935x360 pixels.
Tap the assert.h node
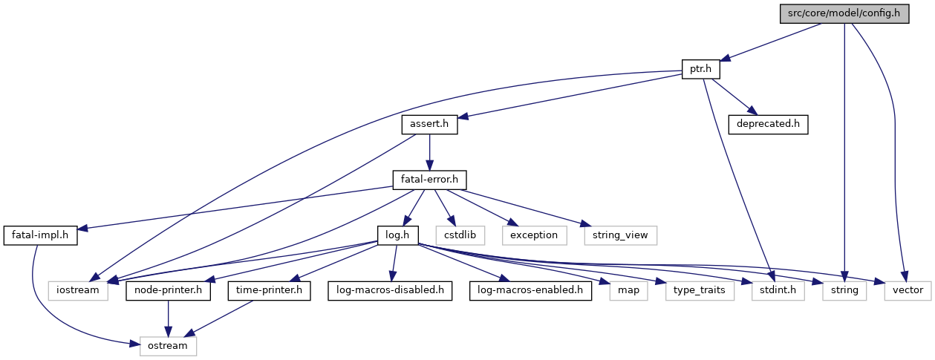point(429,125)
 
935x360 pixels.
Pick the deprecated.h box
point(768,125)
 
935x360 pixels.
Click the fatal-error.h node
point(429,180)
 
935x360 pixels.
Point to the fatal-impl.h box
point(40,235)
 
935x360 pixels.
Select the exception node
point(533,235)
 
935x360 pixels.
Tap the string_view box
point(620,235)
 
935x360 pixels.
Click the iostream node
point(78,290)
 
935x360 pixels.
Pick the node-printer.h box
point(168,290)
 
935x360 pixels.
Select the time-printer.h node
point(269,290)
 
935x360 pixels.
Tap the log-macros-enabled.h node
point(530,290)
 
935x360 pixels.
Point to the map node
point(628,290)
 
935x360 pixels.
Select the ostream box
point(168,345)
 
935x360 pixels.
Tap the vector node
point(907,290)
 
